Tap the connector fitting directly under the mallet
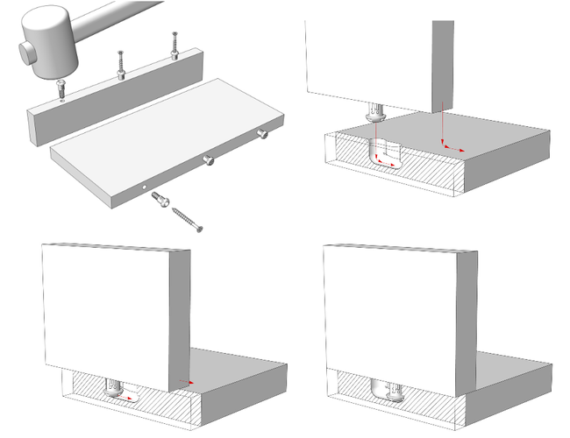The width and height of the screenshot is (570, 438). pyautogui.click(x=61, y=88)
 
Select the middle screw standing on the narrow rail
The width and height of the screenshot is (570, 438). pyautogui.click(x=119, y=64)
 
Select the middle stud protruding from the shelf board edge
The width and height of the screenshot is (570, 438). pyautogui.click(x=210, y=159)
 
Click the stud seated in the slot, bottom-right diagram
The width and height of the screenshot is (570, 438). pyautogui.click(x=390, y=390)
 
